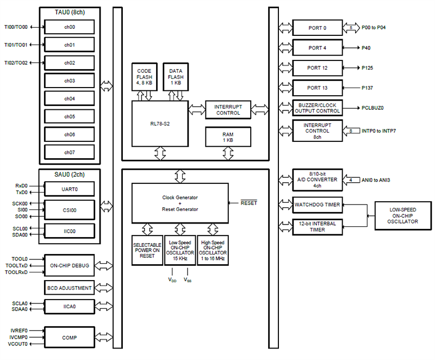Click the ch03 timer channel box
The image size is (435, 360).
click(69, 81)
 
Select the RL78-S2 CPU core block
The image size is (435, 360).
click(159, 122)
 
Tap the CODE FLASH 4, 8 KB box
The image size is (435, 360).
click(144, 77)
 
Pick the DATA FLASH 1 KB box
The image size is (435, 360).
click(176, 77)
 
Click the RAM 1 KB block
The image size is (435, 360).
click(228, 137)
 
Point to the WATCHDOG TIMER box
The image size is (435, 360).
click(318, 205)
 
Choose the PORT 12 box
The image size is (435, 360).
click(318, 68)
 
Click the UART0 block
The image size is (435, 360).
click(69, 189)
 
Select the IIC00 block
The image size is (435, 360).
click(69, 231)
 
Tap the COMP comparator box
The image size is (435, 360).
click(69, 338)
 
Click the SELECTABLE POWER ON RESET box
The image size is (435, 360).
click(147, 250)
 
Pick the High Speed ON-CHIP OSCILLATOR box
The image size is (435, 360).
click(213, 250)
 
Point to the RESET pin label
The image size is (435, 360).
click(249, 203)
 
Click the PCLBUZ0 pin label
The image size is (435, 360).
click(374, 108)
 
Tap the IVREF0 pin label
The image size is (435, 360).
click(19, 330)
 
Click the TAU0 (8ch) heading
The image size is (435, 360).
click(69, 11)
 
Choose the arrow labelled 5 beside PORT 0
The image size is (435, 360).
click(351, 27)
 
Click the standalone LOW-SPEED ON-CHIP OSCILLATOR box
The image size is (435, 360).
click(403, 215)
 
